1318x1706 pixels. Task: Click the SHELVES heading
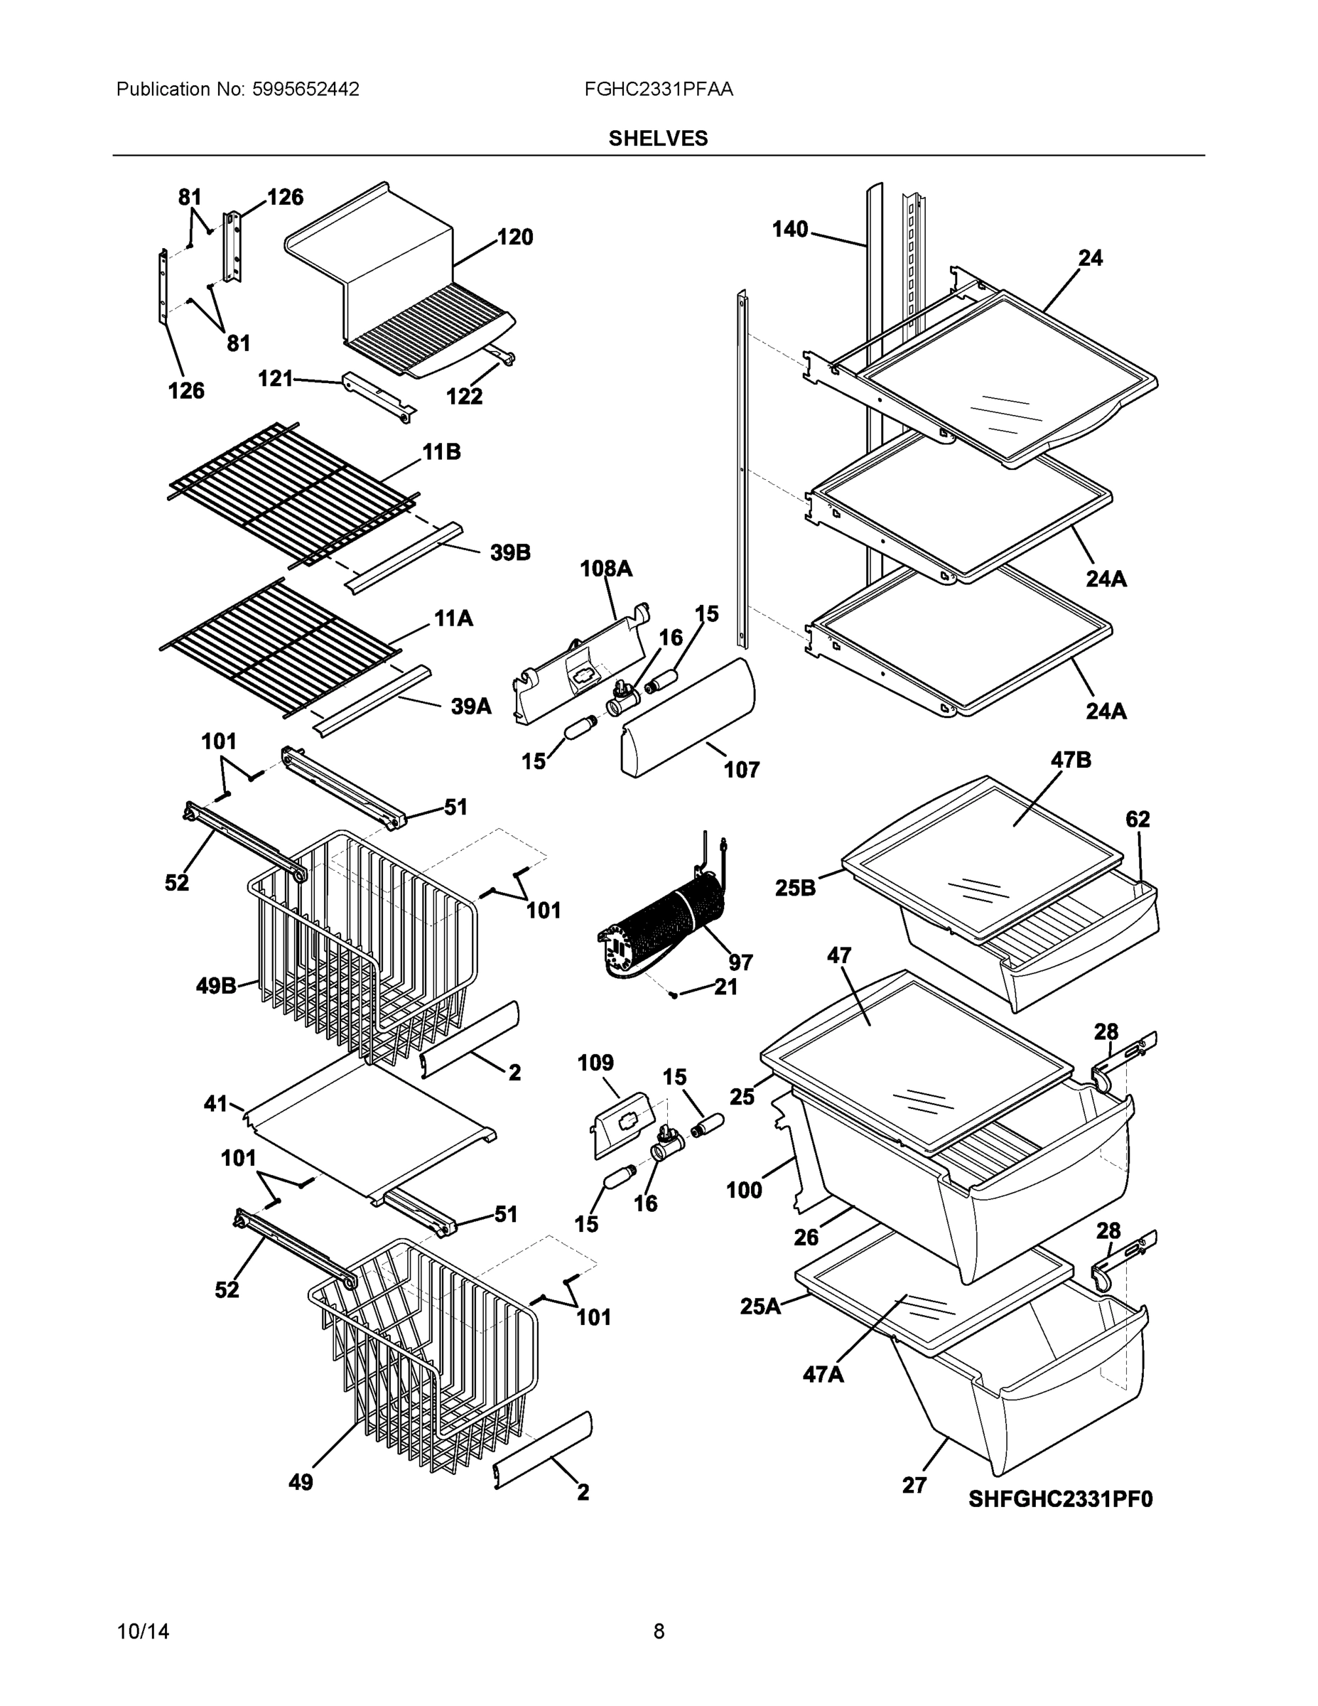point(658,139)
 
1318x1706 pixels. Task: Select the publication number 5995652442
point(306,90)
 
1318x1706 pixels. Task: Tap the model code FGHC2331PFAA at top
point(658,90)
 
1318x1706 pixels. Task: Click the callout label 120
point(515,237)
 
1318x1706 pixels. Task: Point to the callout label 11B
point(441,451)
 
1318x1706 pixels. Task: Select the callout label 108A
point(606,569)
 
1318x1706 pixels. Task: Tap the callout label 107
point(741,771)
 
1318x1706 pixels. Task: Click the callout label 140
point(790,230)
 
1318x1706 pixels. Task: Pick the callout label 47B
point(1071,760)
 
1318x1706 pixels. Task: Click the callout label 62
point(1138,820)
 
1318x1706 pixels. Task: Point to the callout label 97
point(740,962)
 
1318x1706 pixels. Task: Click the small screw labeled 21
point(673,994)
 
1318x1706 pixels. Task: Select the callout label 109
point(595,1063)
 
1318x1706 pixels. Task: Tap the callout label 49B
point(216,986)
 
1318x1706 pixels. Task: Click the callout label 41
point(215,1104)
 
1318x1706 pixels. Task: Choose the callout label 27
point(914,1485)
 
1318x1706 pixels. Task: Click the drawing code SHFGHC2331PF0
point(1060,1499)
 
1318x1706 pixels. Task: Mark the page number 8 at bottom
point(658,1632)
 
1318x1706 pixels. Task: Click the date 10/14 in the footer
point(143,1632)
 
